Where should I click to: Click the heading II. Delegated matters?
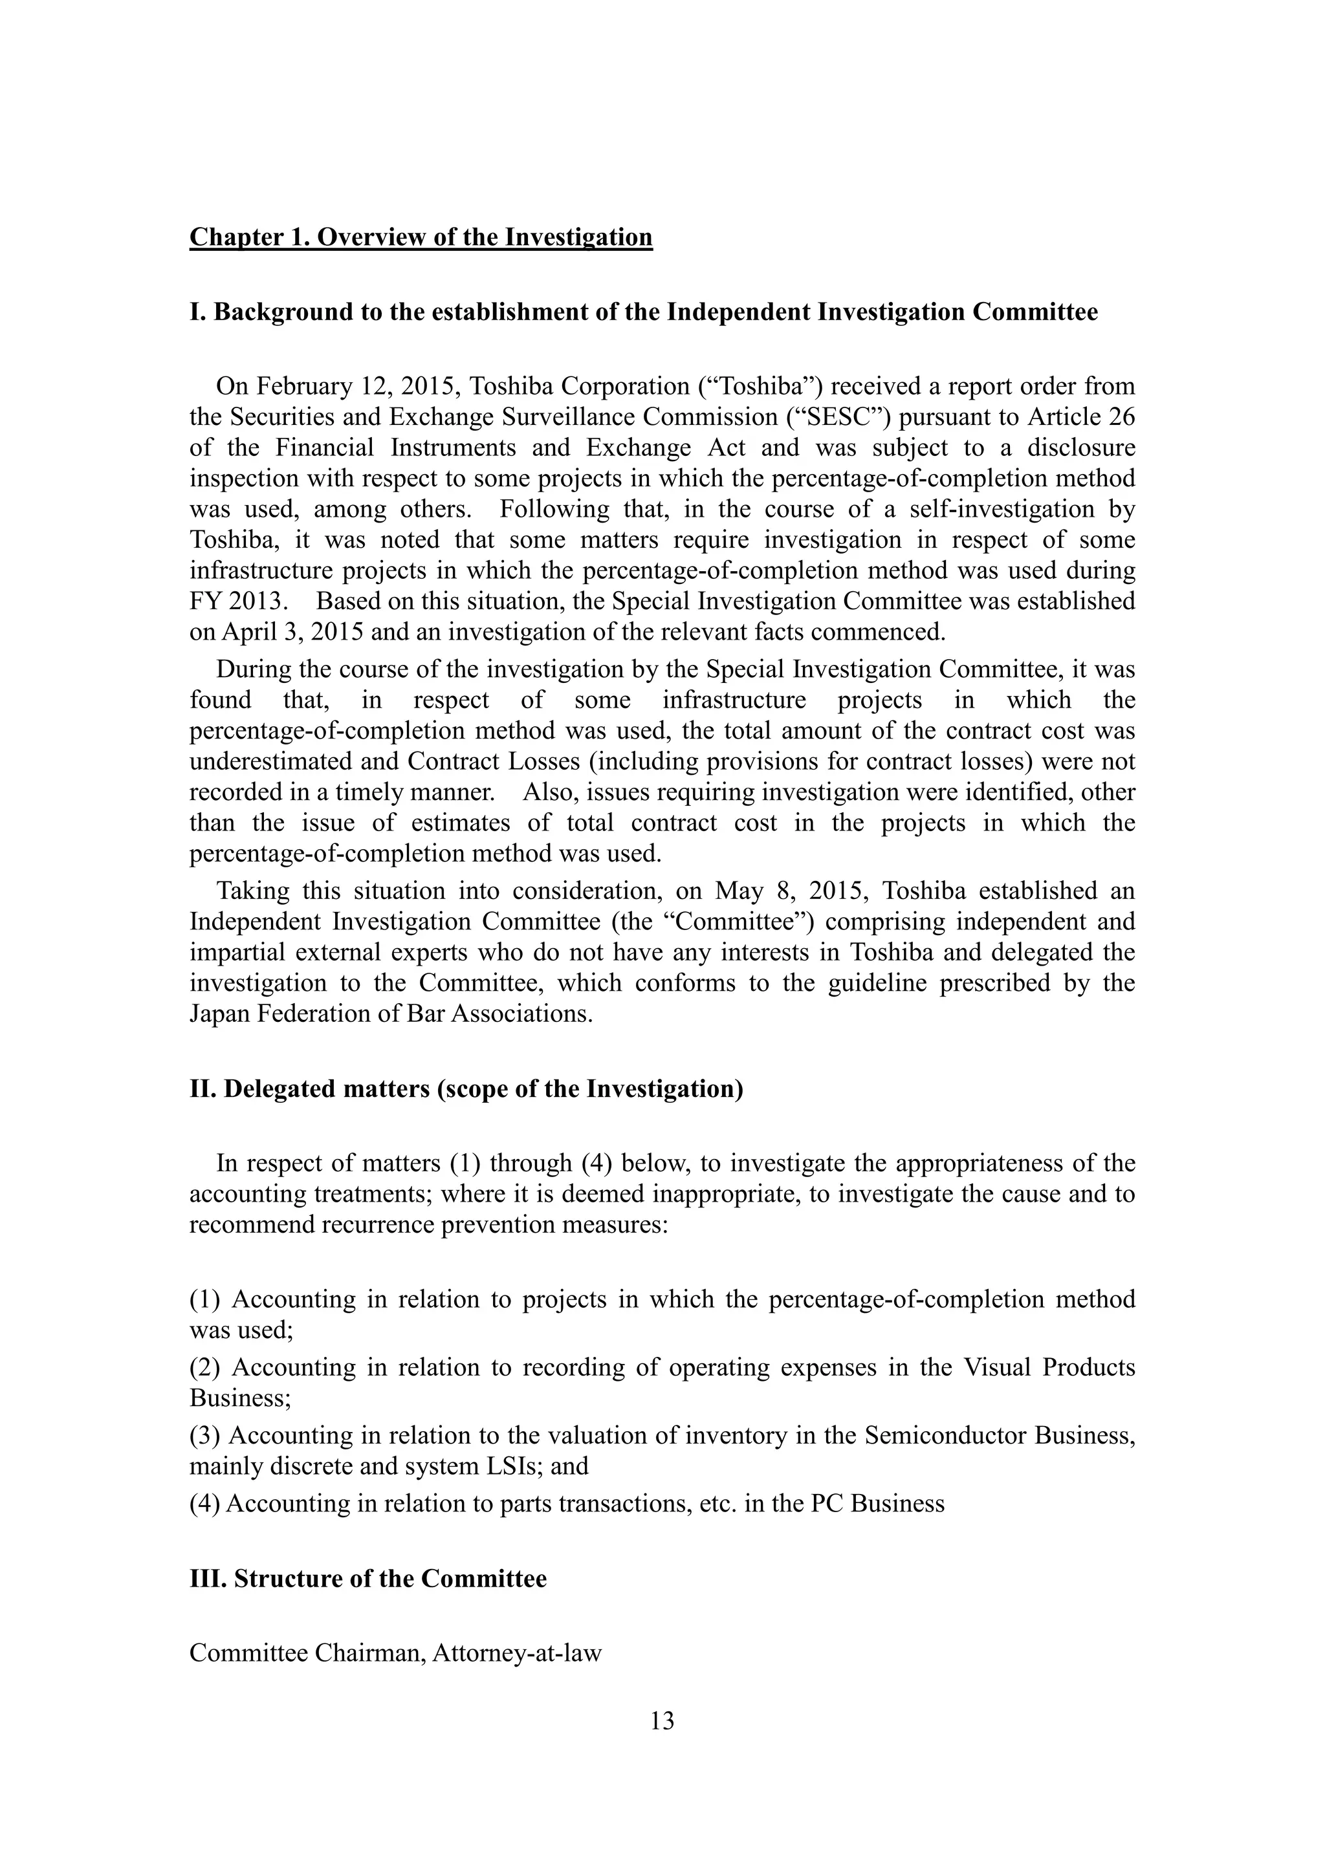[466, 1089]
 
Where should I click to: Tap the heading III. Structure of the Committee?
[368, 1579]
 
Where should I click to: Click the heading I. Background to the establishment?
[643, 312]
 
